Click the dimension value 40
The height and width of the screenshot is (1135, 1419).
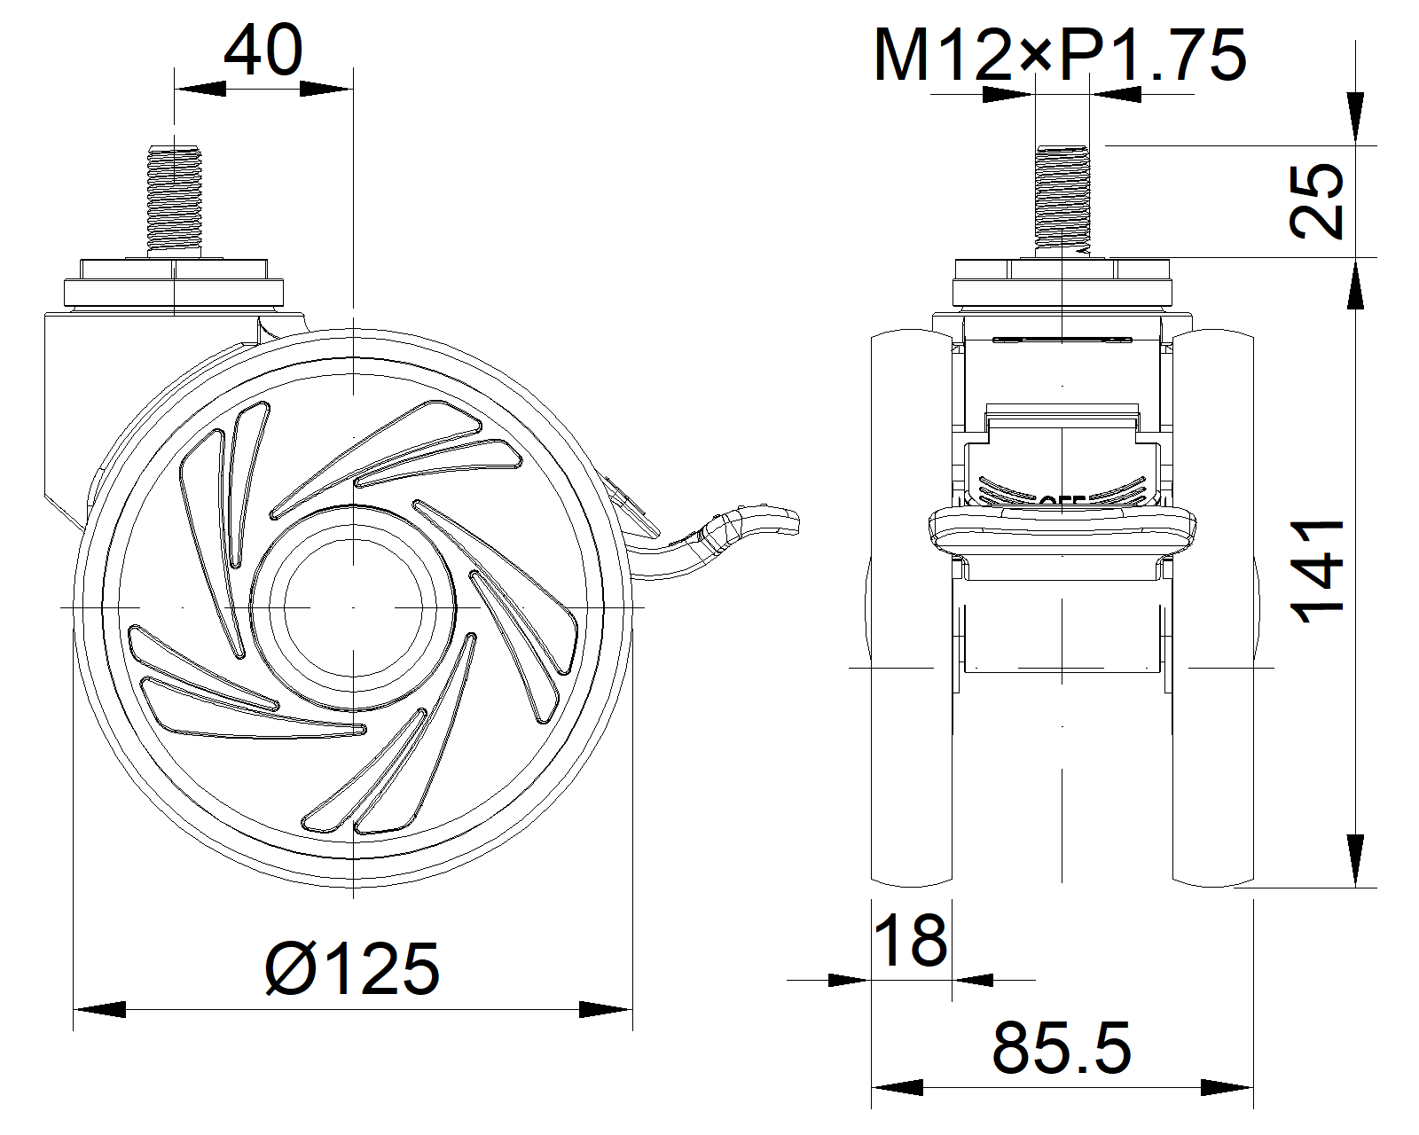tap(263, 51)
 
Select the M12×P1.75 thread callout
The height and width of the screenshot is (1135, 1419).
tap(1060, 56)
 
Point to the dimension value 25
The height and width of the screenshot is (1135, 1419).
tap(1317, 200)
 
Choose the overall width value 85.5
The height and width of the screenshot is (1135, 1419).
tap(1062, 1048)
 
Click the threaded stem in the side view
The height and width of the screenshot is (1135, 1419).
tap(175, 198)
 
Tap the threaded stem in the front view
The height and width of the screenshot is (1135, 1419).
tap(1062, 200)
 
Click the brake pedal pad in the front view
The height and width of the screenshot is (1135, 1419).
tap(1062, 530)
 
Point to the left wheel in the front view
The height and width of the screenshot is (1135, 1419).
tap(912, 612)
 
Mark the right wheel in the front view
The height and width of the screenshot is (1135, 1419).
tap(1213, 612)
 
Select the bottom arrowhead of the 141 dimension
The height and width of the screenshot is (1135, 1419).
tap(1356, 859)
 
